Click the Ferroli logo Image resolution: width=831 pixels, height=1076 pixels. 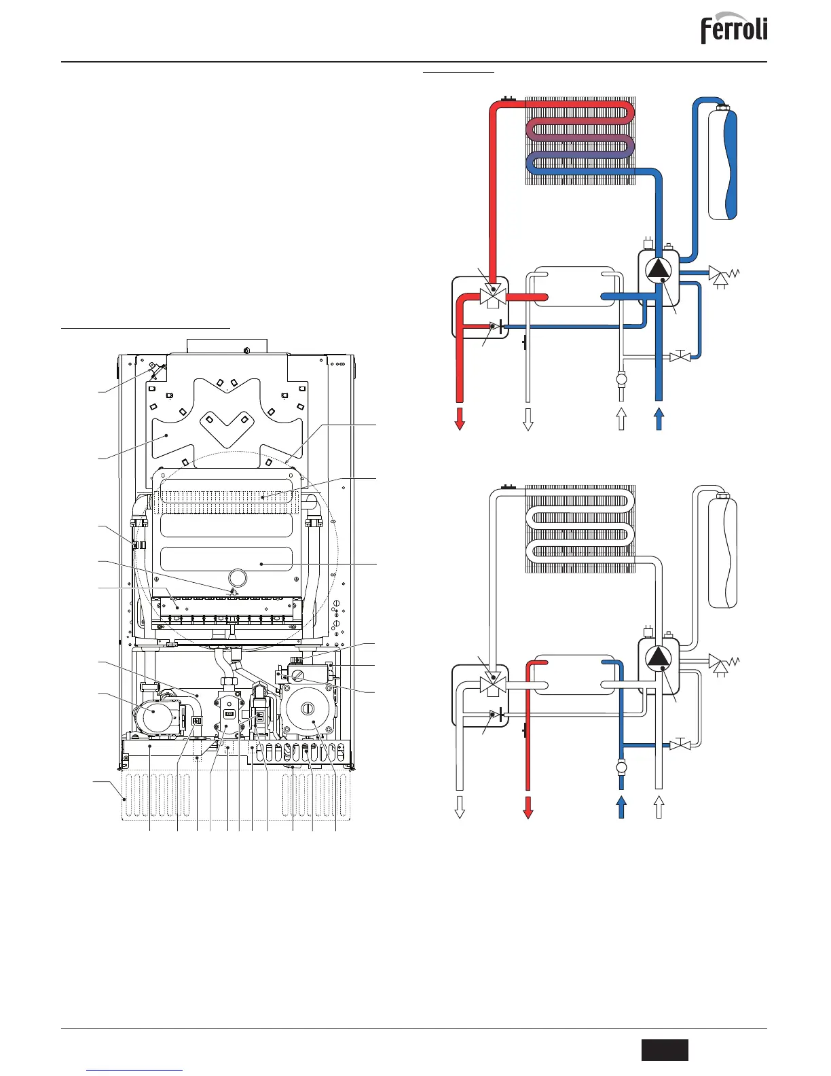[734, 29]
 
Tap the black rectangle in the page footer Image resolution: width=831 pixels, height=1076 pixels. [665, 1050]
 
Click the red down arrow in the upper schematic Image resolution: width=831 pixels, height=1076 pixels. [460, 418]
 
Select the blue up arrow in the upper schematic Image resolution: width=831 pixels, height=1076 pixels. [658, 418]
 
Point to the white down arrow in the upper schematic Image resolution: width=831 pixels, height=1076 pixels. [528, 418]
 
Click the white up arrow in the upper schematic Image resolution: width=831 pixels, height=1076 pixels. [621, 418]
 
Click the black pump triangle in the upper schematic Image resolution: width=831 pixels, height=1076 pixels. [658, 270]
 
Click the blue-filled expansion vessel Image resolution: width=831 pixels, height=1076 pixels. [722, 163]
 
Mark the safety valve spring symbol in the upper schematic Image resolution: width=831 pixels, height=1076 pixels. [722, 275]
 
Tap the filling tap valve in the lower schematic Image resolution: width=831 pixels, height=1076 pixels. [680, 745]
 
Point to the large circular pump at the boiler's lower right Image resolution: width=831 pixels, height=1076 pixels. [309, 709]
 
